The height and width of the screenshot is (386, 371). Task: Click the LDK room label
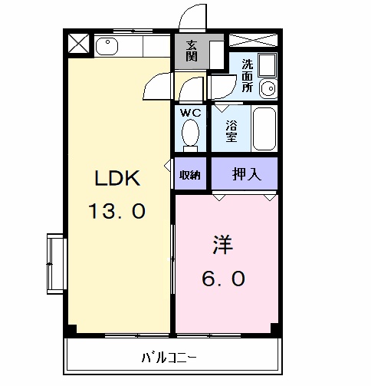[117, 179]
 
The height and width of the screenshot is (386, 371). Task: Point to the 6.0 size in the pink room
[224, 279]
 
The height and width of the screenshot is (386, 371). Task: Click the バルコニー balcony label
[170, 357]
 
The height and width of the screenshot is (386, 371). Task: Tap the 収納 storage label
[190, 175]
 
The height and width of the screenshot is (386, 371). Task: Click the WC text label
[189, 113]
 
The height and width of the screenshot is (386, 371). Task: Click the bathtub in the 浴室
[264, 128]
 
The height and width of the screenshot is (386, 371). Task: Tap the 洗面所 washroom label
[248, 76]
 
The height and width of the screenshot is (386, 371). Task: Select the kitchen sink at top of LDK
[107, 46]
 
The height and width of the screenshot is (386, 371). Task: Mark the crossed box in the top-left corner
[79, 43]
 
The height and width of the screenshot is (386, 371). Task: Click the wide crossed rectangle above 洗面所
[254, 40]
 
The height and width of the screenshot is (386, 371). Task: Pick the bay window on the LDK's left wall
[54, 262]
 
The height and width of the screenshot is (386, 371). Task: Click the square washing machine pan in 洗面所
[268, 64]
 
